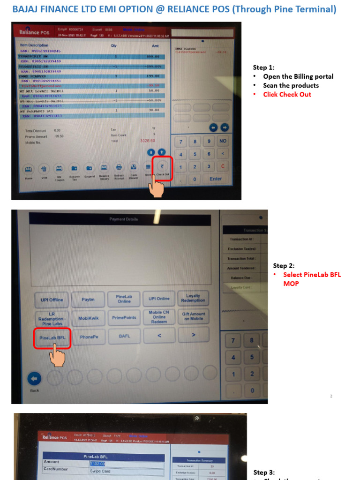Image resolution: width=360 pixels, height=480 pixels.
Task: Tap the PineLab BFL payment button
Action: (52, 337)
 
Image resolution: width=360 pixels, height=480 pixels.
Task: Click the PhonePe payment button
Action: (89, 337)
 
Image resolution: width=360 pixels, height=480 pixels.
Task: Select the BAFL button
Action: (124, 336)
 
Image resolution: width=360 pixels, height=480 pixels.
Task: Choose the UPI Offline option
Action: (52, 300)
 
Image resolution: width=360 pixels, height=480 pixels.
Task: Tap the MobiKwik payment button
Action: (89, 318)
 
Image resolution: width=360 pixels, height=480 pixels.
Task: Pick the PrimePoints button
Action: (124, 317)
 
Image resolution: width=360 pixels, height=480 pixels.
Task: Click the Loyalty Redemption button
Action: (193, 298)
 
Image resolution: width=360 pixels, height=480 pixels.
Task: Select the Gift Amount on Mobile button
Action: (193, 316)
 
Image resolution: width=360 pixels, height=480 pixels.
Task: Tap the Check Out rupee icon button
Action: (162, 167)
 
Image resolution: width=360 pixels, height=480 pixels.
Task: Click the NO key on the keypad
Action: (223, 141)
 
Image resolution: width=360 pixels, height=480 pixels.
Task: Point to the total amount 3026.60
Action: (147, 141)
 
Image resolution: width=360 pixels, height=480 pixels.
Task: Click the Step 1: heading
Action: (264, 67)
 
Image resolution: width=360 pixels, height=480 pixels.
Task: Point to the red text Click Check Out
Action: (287, 94)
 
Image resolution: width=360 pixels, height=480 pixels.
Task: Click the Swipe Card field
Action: (127, 471)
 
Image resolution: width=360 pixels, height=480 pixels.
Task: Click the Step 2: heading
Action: (284, 266)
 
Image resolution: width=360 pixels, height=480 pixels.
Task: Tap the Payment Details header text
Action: (124, 219)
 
